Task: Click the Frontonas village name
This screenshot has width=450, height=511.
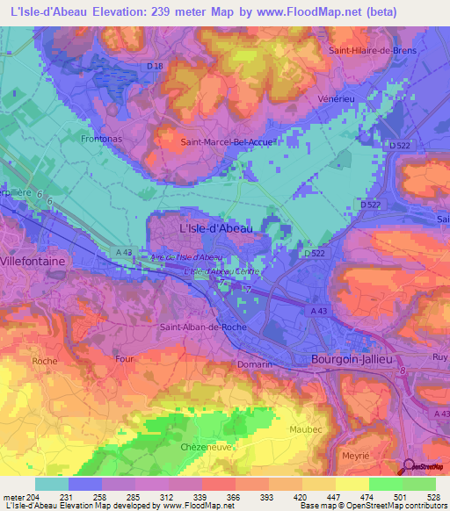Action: pyautogui.click(x=100, y=139)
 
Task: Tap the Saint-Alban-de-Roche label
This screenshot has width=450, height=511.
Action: pyautogui.click(x=203, y=327)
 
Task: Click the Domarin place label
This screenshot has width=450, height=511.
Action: pyautogui.click(x=255, y=363)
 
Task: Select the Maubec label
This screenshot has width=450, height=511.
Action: pyautogui.click(x=306, y=429)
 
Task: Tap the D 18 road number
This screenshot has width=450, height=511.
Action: pyautogui.click(x=156, y=66)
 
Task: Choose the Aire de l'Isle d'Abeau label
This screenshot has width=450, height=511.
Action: pyautogui.click(x=186, y=256)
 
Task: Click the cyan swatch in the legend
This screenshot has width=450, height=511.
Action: pyautogui.click(x=52, y=484)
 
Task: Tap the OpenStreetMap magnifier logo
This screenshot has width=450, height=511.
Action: pyautogui.click(x=408, y=466)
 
